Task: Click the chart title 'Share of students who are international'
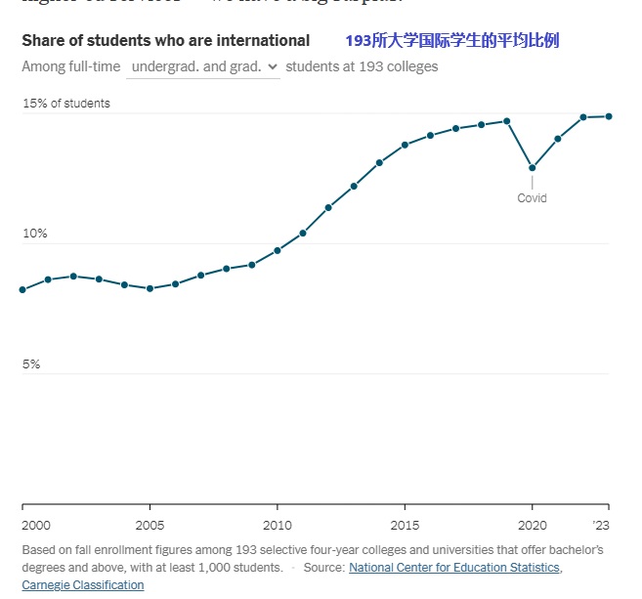pos(165,40)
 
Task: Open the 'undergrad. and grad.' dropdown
pos(203,66)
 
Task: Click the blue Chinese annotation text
pos(452,40)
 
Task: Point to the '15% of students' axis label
pos(66,104)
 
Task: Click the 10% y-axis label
pos(35,234)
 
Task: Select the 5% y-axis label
pos(31,364)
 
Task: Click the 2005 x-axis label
pos(150,524)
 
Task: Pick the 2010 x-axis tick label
pos(278,524)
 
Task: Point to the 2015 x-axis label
pos(405,524)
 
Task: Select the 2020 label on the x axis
pos(532,524)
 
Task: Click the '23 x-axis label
pos(602,524)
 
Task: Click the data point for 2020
pos(532,168)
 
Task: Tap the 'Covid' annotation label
pos(532,198)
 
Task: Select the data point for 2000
pos(22,290)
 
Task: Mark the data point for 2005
pos(150,289)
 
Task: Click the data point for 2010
pos(278,250)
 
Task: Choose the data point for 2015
pos(405,145)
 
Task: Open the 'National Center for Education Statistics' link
pos(454,568)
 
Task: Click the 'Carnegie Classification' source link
pos(82,585)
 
